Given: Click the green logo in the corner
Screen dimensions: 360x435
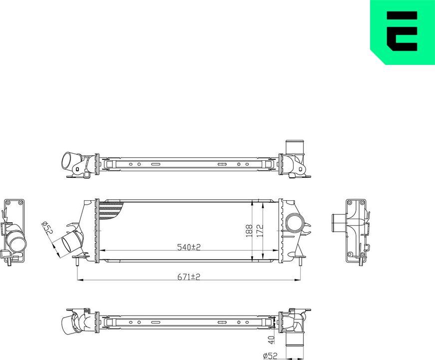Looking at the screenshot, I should click(402, 32).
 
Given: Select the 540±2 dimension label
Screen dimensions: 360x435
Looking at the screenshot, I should click(189, 247).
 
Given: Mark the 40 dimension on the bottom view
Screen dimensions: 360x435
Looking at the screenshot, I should click(271, 340).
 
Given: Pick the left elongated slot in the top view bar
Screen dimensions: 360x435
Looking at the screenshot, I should click(155, 164).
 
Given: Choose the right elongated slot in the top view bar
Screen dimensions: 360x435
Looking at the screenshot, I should click(222, 164).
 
